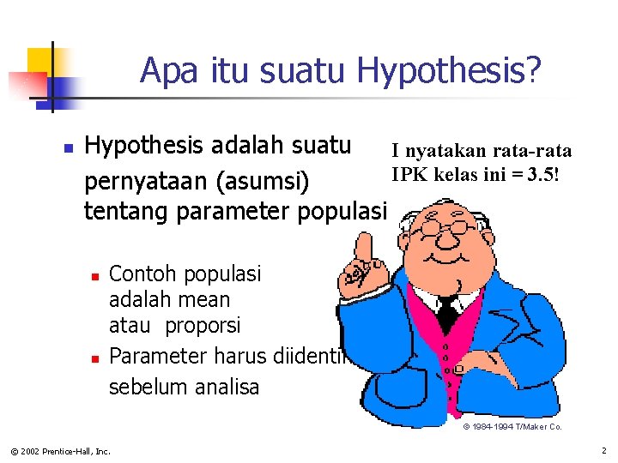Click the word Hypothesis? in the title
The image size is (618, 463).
pyautogui.click(x=449, y=71)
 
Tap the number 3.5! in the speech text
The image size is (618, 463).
pyautogui.click(x=544, y=175)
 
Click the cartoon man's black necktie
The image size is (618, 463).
pyautogui.click(x=448, y=314)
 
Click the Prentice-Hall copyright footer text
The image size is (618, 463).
pyautogui.click(x=60, y=450)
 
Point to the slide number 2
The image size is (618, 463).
pyautogui.click(x=603, y=449)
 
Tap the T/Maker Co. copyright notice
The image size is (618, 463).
pyautogui.click(x=512, y=426)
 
